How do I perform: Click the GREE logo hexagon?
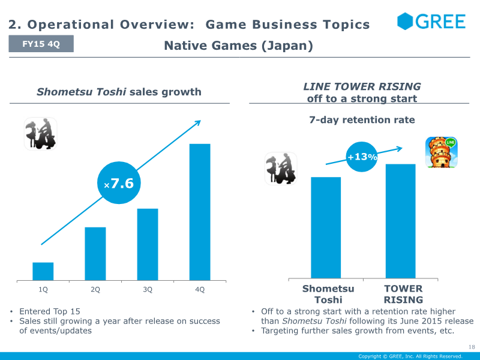pos(405,21)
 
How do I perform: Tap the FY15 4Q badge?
pos(41,44)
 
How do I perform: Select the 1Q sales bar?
pos(43,271)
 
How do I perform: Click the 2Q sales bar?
pos(95,254)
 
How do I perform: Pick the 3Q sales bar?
pos(148,245)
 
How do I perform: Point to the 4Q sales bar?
pos(200,212)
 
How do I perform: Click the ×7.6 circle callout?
pos(119,183)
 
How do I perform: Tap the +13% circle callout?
pos(362,157)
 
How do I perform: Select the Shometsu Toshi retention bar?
pos(326,228)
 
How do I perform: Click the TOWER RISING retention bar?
pos(400,221)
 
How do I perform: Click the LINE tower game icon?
pos(442,152)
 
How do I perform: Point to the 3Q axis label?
pos(148,290)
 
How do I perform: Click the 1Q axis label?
pos(43,290)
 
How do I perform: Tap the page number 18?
pos(472,347)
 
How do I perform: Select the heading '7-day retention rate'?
pos(362,119)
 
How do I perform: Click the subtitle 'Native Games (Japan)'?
pos(238,46)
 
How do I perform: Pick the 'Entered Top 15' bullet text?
pos(50,311)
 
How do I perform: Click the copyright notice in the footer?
pos(410,356)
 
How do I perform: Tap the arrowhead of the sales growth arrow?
pos(198,122)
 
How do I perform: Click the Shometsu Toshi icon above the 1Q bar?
pos(40,134)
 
